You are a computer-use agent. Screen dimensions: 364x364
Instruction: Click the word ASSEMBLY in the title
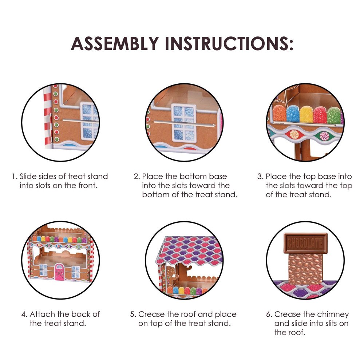(115, 43)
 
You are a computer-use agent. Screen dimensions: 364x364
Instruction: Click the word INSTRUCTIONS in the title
(229, 43)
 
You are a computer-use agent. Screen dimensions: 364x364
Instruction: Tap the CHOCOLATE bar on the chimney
(305, 243)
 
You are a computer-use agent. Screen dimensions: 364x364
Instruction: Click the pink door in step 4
(59, 272)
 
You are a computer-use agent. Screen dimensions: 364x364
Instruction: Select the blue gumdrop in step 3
(293, 114)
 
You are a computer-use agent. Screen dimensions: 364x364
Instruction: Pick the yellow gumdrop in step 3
(306, 114)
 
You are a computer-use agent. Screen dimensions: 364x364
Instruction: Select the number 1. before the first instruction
(15, 177)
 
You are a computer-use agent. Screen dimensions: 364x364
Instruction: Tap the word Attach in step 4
(43, 314)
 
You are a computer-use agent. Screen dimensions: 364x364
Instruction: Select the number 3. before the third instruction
(260, 177)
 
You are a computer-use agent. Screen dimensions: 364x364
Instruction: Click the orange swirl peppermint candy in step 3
(294, 134)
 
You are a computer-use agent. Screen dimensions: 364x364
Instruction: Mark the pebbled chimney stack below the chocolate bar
(305, 268)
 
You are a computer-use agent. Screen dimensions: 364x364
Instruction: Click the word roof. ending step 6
(289, 332)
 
